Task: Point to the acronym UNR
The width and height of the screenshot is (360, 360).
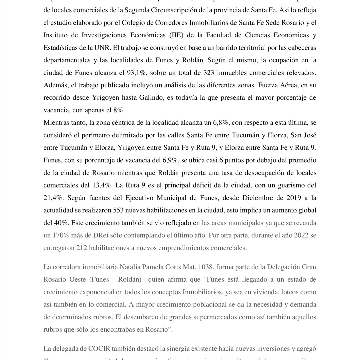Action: pyautogui.click(x=101, y=48)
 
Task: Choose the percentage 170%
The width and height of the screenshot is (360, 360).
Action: pyautogui.click(x=60, y=235)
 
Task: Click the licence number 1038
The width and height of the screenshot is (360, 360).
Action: pyautogui.click(x=201, y=267)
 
